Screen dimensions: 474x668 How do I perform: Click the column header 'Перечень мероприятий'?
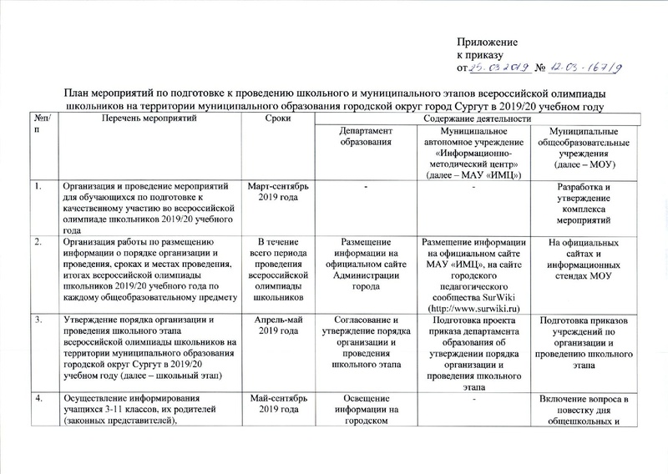[x=144, y=121]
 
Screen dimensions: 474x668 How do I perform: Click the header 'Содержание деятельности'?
[x=480, y=121]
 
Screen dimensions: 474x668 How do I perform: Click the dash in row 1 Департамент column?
[x=364, y=186]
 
